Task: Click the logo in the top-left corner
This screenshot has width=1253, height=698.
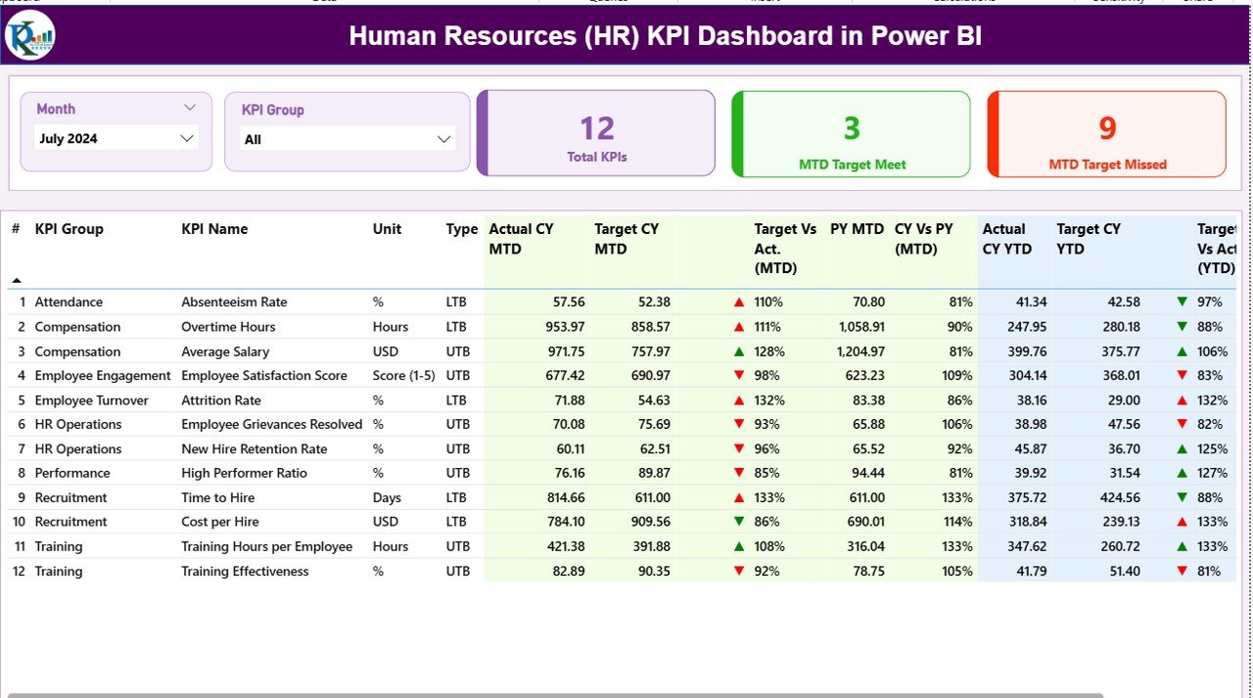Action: [30, 36]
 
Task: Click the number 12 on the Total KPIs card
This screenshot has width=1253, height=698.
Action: [596, 128]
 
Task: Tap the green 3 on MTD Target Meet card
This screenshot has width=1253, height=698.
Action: [852, 128]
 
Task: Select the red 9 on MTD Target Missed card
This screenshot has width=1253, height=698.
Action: [1107, 128]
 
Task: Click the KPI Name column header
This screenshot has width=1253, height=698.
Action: [214, 229]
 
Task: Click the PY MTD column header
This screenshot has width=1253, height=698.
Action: [857, 229]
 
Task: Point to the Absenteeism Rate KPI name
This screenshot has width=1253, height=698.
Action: [234, 302]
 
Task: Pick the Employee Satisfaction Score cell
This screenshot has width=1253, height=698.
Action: [263, 376]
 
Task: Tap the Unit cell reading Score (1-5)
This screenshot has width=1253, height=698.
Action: [403, 376]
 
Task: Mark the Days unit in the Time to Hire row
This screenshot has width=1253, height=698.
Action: [387, 497]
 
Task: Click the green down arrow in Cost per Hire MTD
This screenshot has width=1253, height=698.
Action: [739, 522]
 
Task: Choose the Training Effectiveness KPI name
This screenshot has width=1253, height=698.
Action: [245, 571]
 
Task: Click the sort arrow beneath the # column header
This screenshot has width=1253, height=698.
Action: [16, 281]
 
